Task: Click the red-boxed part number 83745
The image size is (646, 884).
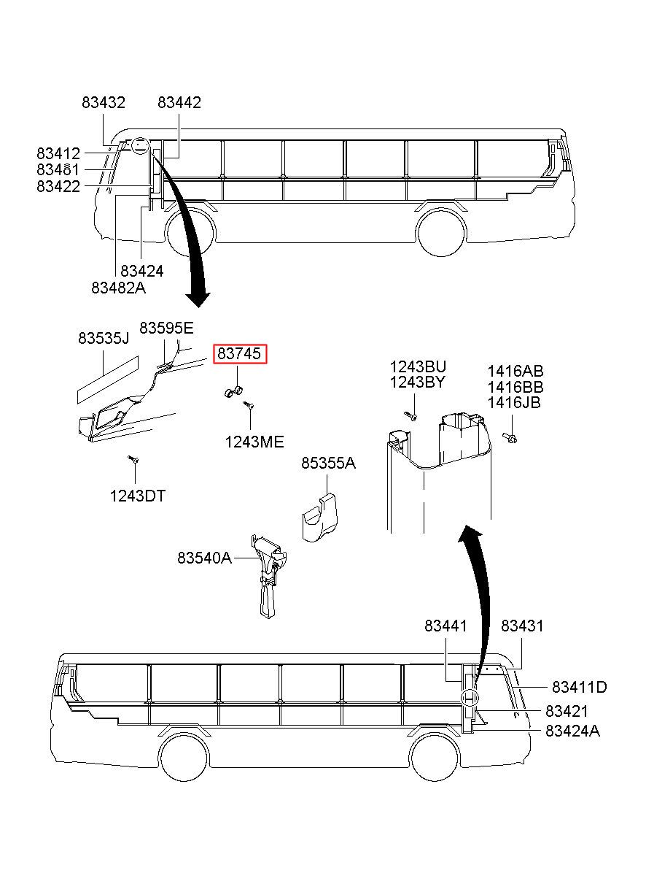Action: [239, 353]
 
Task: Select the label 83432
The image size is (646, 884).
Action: [104, 103]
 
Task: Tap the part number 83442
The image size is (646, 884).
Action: [179, 103]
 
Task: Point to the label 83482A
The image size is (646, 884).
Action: [119, 288]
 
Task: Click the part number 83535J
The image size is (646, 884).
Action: [104, 338]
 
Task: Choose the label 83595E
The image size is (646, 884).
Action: [167, 328]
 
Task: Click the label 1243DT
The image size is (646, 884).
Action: [138, 496]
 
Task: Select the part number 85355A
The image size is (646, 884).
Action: [328, 463]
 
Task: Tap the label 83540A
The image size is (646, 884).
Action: [205, 558]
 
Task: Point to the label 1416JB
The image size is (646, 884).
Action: [514, 402]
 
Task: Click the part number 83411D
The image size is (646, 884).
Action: [580, 687]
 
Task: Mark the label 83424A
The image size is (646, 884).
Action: [572, 731]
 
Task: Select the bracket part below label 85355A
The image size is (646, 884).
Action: [319, 517]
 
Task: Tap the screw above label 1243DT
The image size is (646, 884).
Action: [133, 459]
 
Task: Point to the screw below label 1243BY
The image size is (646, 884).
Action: [411, 416]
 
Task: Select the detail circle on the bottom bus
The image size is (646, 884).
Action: [470, 698]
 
